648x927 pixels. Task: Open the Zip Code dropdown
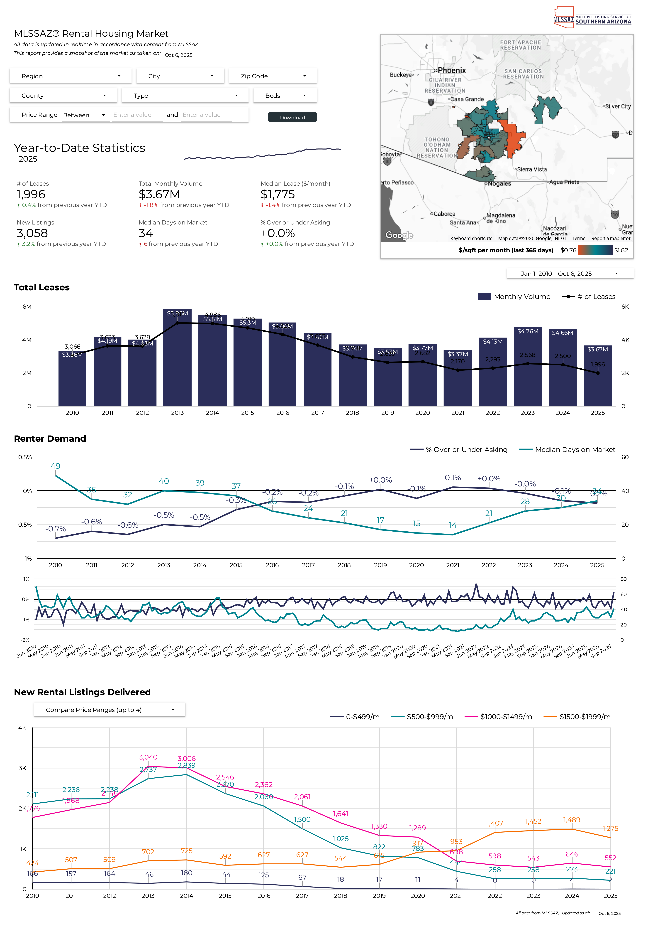click(x=273, y=76)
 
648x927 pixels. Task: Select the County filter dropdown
click(x=63, y=96)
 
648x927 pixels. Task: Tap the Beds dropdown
click(x=285, y=96)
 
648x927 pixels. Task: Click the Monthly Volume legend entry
click(x=514, y=297)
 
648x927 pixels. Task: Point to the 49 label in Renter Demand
click(x=55, y=466)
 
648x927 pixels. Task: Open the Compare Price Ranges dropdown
click(x=109, y=710)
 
